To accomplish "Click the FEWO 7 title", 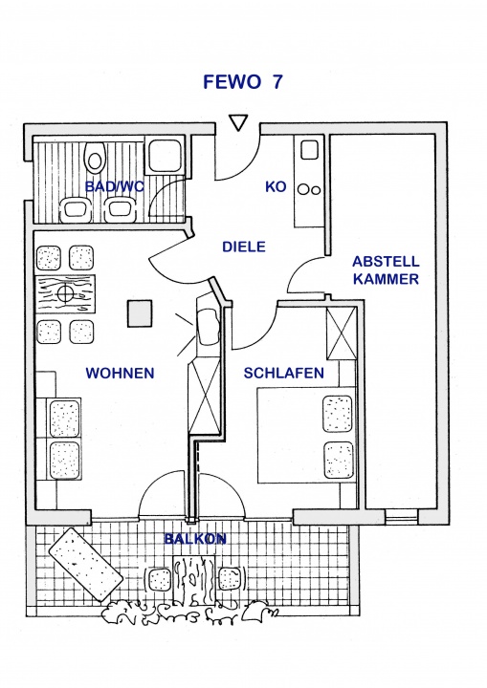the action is (243, 82).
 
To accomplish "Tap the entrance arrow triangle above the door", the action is (239, 122).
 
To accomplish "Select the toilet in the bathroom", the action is (95, 156).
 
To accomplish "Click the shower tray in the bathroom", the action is (165, 156).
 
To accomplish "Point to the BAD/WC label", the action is (114, 186).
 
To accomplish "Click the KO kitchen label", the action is (276, 186).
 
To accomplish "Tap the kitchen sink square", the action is (309, 150).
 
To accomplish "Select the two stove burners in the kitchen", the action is (309, 189).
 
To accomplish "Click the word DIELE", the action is (244, 247).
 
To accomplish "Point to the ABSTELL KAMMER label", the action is (386, 270).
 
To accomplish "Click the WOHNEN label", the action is (120, 373).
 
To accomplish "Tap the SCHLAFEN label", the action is (284, 373).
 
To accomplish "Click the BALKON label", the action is (195, 538).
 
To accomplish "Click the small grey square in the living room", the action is (140, 313).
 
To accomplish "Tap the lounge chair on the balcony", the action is (86, 565).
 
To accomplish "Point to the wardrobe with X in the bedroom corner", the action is (341, 333).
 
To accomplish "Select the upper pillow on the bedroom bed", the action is (338, 414).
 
